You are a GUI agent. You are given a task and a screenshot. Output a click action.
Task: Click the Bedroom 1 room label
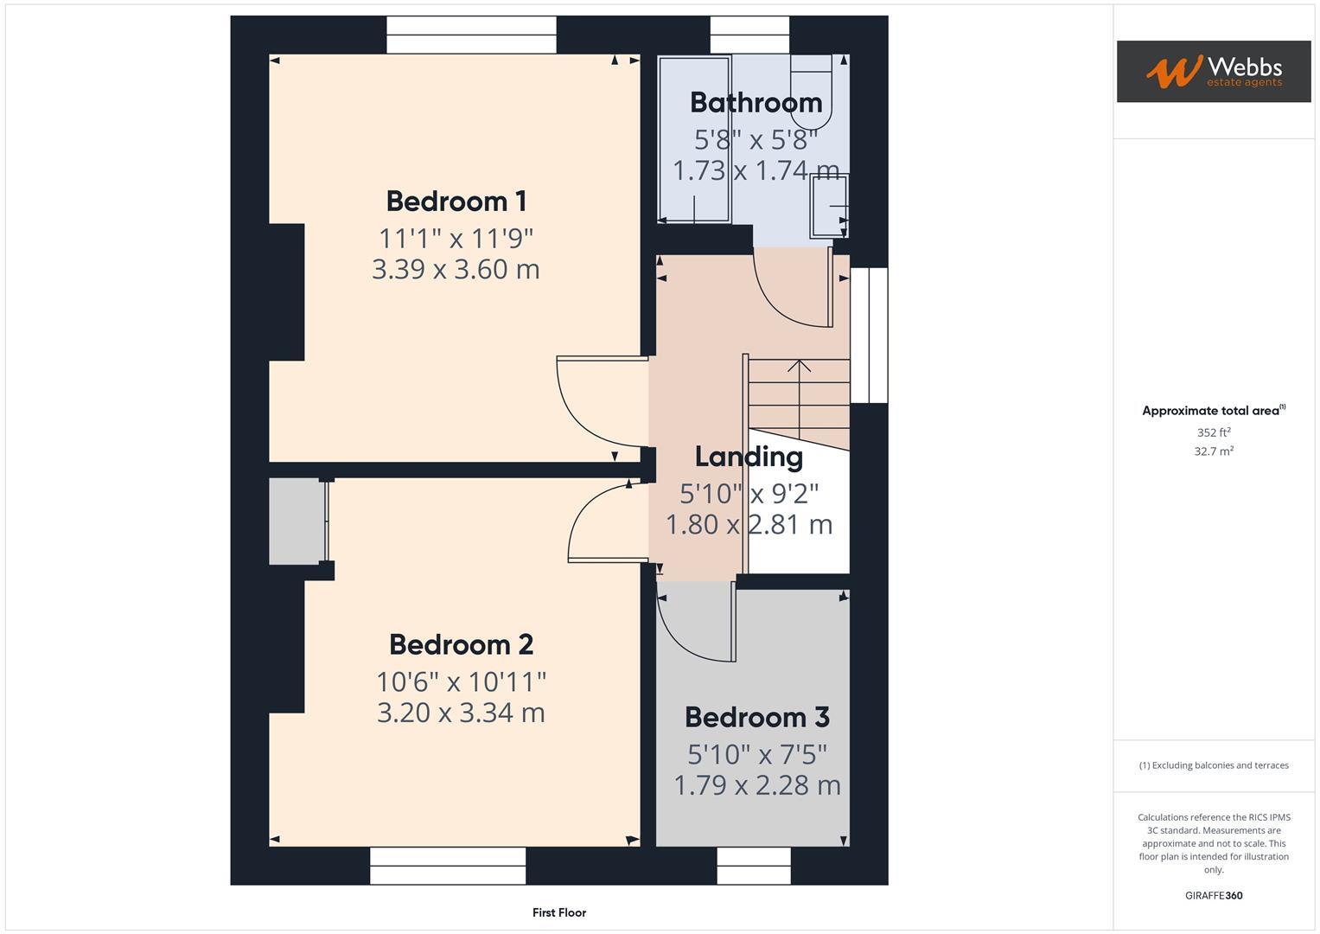456,202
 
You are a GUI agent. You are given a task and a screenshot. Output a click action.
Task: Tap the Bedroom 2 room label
461,644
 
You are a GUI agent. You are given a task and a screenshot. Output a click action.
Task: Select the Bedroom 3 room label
756,717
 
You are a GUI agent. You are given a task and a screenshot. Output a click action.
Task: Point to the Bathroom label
756,103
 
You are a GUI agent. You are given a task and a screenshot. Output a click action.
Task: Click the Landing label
749,457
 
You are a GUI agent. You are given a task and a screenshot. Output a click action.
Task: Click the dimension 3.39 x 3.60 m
456,269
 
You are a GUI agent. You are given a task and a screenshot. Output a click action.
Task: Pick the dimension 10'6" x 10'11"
461,681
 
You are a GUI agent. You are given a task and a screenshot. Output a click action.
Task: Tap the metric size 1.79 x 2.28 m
756,785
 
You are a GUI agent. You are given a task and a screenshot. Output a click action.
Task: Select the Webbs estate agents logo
1213,72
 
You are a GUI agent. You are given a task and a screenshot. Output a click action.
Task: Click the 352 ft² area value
1213,432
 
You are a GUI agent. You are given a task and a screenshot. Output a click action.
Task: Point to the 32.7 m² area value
1213,451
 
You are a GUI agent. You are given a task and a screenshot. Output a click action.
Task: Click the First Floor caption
559,912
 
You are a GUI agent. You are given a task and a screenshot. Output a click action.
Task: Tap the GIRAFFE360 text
1213,895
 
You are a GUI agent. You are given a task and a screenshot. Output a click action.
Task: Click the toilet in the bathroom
810,91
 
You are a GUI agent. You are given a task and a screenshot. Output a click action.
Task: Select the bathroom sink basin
828,206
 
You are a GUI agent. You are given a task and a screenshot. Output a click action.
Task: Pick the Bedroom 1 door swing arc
588,406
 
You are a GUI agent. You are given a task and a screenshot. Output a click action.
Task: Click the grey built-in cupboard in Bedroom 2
296,521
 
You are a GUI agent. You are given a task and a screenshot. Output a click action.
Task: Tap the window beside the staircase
869,336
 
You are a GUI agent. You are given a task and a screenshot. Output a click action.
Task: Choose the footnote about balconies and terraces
1213,765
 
